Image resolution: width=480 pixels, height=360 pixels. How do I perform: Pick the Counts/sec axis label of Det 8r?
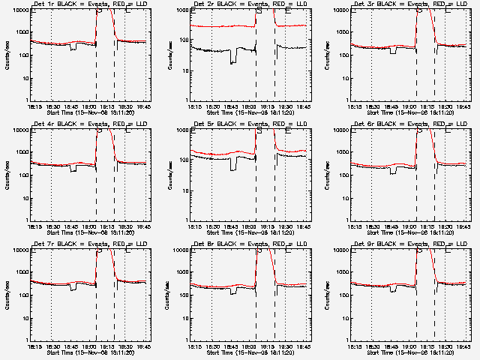169,295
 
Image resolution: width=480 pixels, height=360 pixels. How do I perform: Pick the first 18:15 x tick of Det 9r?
352,346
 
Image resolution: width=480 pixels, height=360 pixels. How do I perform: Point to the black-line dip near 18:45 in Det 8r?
234,290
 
